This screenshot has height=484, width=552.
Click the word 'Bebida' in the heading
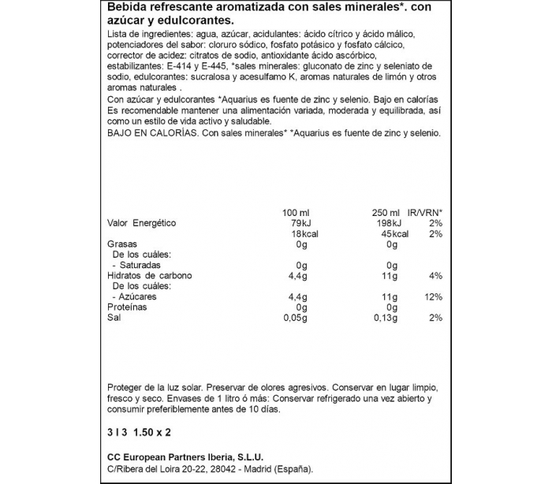[x=126, y=8]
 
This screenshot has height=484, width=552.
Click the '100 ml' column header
[x=297, y=213]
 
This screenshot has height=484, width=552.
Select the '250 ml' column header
[x=387, y=213]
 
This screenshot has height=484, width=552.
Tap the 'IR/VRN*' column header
[x=425, y=213]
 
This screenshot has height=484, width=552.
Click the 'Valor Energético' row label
[x=142, y=223]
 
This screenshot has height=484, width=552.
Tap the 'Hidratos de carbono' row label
[x=150, y=276]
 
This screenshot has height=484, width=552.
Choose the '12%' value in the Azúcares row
[x=434, y=296]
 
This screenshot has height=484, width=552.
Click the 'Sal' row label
[x=114, y=317]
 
